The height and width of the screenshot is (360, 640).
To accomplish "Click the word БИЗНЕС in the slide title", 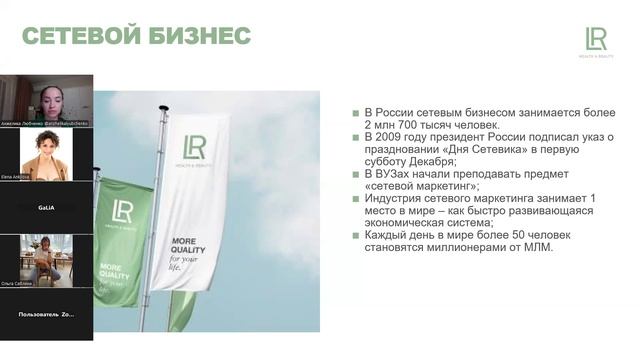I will [x=198, y=37].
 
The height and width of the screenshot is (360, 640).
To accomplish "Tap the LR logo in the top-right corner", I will [x=596, y=41].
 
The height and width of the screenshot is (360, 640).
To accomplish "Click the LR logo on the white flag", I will [x=194, y=145].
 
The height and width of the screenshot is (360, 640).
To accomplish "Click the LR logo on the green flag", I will [x=123, y=212].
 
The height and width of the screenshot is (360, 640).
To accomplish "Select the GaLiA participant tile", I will [x=46, y=207].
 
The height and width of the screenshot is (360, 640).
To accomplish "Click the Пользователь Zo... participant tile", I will [x=46, y=314].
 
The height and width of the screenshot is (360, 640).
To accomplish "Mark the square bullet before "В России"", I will [x=355, y=113].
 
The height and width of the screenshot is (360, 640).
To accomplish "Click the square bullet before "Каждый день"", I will [x=355, y=235].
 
